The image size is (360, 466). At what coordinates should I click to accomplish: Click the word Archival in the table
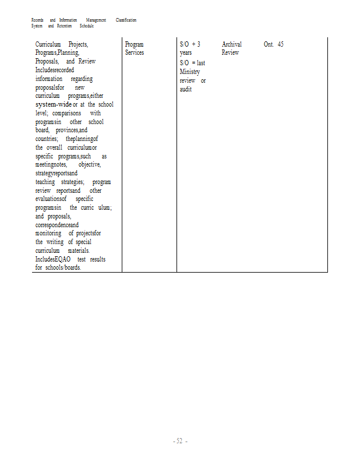coord(231,44)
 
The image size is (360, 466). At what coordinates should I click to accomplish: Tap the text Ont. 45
coord(273,44)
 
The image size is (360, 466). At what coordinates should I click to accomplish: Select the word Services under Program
coord(134,52)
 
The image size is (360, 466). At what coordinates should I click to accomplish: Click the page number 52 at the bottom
coord(180,441)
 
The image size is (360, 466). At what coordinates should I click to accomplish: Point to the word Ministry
coord(190,72)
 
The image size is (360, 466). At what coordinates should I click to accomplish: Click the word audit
coord(186,89)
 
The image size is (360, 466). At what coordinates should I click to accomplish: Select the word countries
coord(46,139)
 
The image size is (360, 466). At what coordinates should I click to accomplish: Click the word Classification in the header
coord(126,20)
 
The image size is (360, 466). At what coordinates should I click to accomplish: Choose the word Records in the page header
coord(37,20)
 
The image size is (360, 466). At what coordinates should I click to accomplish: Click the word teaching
coord(45,182)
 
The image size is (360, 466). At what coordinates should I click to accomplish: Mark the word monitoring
coord(48,233)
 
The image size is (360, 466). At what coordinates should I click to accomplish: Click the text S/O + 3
coord(190,44)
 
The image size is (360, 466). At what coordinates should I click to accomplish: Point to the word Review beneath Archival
coord(230,52)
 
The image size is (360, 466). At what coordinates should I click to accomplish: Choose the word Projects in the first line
coord(78,44)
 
